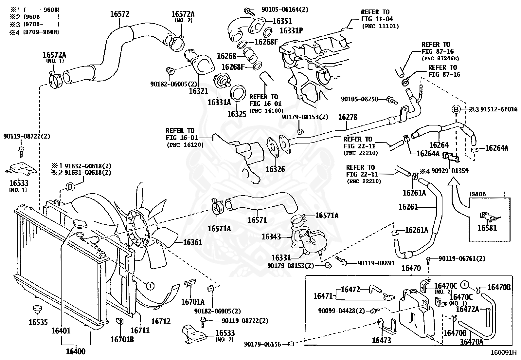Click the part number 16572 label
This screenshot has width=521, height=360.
click(x=119, y=14)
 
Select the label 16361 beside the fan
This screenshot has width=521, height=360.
click(x=192, y=242)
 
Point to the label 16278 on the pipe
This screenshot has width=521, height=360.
click(x=348, y=117)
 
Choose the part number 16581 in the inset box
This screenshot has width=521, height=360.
click(x=487, y=228)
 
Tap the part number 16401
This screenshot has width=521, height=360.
click(x=61, y=331)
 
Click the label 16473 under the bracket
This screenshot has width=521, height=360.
click(x=381, y=340)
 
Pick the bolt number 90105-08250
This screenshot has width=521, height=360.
click(x=359, y=99)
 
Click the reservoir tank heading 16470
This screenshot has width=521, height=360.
click(x=411, y=268)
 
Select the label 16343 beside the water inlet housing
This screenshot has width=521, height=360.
click(x=271, y=236)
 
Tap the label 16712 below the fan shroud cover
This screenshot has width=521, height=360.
click(x=161, y=321)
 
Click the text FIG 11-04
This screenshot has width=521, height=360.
click(x=377, y=19)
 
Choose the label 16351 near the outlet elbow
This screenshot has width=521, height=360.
click(x=282, y=21)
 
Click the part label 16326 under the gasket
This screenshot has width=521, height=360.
click(x=275, y=169)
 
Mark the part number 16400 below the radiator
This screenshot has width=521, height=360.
click(x=75, y=351)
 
